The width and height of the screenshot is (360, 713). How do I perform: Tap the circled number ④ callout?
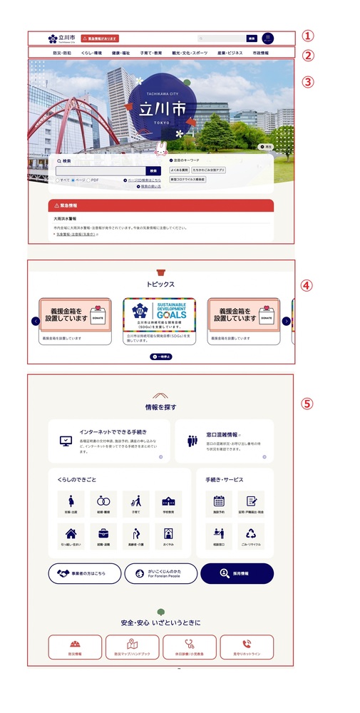(x=307, y=285)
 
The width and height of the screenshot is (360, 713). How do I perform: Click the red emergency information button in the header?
(x=101, y=39)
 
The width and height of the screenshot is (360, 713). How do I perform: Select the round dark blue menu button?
(x=268, y=39)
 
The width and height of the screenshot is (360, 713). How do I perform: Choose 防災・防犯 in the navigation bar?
(x=62, y=53)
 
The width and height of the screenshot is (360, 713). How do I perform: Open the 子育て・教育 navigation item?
(x=151, y=53)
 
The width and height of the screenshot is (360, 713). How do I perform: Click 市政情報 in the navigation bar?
(x=258, y=53)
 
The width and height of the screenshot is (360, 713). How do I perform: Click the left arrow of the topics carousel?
(x=36, y=321)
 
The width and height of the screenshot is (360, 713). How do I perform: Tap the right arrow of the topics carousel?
(x=287, y=321)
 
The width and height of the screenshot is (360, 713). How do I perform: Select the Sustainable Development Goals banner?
(x=160, y=314)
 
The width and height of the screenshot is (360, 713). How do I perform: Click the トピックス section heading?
(x=160, y=284)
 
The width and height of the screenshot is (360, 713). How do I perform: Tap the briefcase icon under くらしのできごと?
(x=103, y=533)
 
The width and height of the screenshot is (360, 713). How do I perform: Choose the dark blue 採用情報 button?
(x=237, y=573)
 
